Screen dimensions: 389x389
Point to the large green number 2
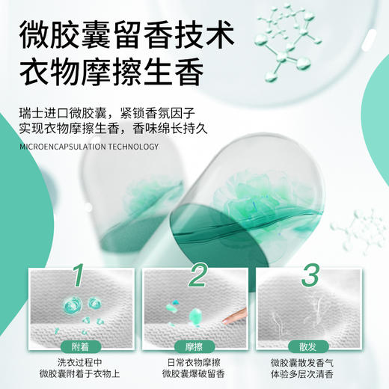pyautogui.click(x=196, y=276)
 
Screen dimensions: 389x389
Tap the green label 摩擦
pyautogui.click(x=194, y=346)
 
